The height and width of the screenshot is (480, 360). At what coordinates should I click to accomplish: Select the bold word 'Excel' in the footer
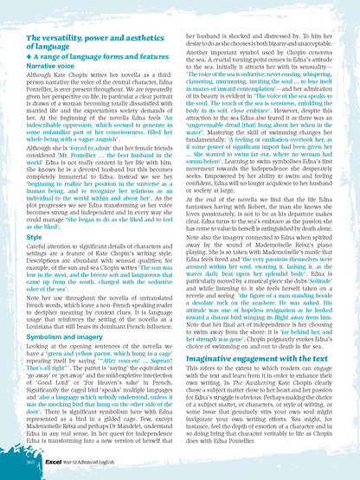point(55,465)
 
